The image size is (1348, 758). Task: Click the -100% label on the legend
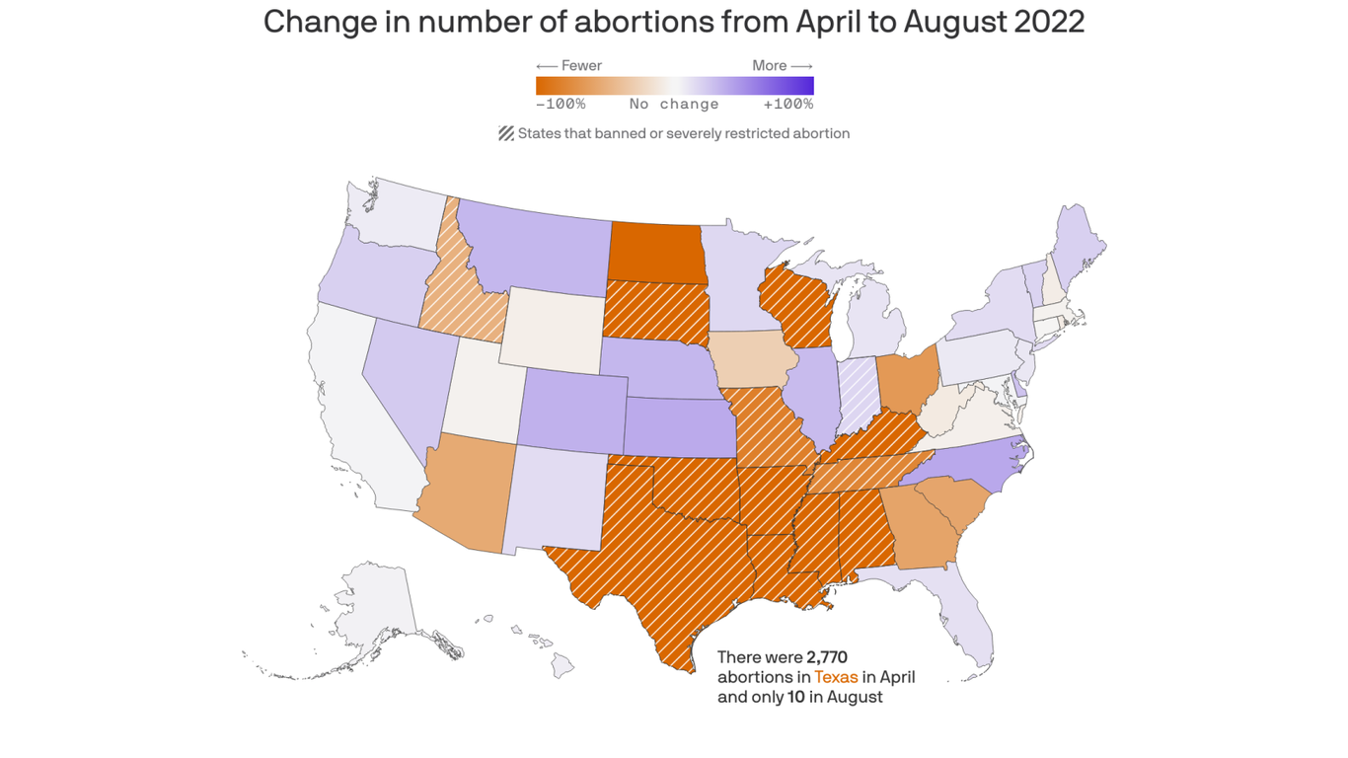tap(561, 104)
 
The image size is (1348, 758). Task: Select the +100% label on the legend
tap(787, 104)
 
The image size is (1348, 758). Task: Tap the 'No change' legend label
tap(674, 104)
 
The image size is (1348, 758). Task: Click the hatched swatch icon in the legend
tap(506, 133)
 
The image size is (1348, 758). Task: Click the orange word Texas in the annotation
tap(836, 677)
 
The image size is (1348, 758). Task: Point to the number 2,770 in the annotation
tap(827, 657)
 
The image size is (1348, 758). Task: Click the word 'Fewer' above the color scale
tap(581, 66)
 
